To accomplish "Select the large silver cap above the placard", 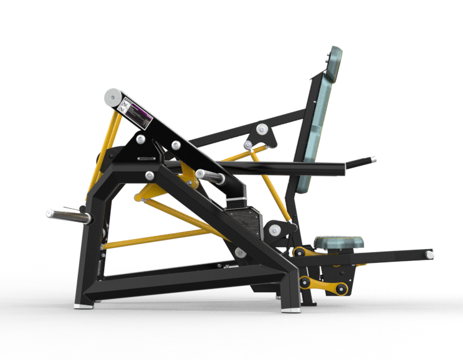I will point(112,97).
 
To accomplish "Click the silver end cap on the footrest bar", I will point(430,254).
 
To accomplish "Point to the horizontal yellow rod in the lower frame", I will point(156,239).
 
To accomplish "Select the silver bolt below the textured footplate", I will point(239,252).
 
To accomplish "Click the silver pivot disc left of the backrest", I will point(260,130).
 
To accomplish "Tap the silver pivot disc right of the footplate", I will point(274,230).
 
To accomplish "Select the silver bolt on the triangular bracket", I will point(143,140).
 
